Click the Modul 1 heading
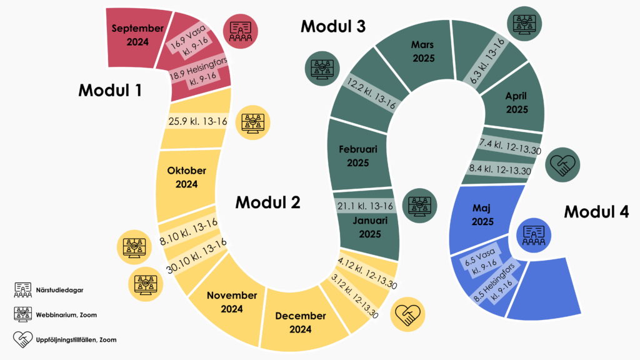click(110, 90)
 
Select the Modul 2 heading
click(267, 202)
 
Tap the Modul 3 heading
click(333, 26)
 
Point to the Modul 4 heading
click(596, 212)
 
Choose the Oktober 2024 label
click(186, 177)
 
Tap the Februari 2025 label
click(354, 156)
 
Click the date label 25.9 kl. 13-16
click(197, 121)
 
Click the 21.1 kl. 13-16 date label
click(365, 206)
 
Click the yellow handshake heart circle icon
click(407, 314)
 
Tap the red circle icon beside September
click(241, 31)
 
